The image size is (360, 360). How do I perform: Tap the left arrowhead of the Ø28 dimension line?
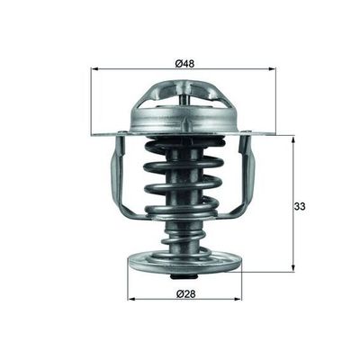pos(131,301)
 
